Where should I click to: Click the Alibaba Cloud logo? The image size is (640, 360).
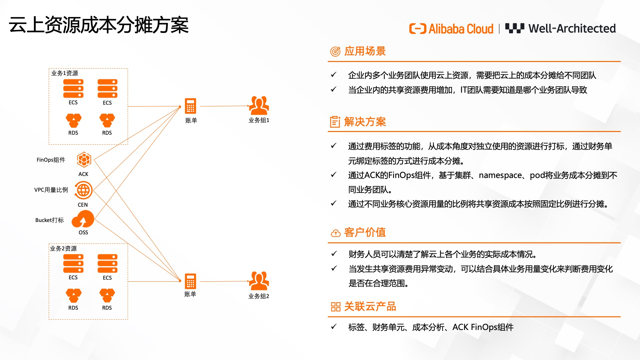pyautogui.click(x=451, y=29)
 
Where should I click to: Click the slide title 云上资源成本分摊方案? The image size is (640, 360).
pyautogui.click(x=99, y=25)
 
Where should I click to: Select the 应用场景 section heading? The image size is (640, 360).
pyautogui.click(x=365, y=51)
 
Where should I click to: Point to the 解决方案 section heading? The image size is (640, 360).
pyautogui.click(x=365, y=122)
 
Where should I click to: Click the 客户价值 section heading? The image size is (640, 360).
pyautogui.click(x=365, y=232)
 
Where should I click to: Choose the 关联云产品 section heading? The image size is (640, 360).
pyautogui.click(x=370, y=306)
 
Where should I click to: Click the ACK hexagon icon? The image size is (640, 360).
pyautogui.click(x=84, y=160)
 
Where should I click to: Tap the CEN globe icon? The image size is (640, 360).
pyautogui.click(x=83, y=190)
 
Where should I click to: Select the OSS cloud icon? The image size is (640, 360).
pyautogui.click(x=83, y=219)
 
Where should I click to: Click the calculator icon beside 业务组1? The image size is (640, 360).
pyautogui.click(x=190, y=106)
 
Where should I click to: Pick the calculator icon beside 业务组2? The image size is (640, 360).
pyautogui.click(x=190, y=281)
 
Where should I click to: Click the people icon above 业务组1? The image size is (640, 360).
pyautogui.click(x=259, y=105)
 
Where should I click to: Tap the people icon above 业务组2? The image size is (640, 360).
pyautogui.click(x=259, y=281)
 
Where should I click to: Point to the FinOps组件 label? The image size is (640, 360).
pyautogui.click(x=51, y=160)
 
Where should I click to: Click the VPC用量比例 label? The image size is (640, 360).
pyautogui.click(x=51, y=190)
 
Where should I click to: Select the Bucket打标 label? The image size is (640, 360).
pyautogui.click(x=49, y=220)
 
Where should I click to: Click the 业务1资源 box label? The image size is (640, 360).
pyautogui.click(x=65, y=73)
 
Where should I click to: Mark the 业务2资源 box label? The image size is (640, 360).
pyautogui.click(x=63, y=249)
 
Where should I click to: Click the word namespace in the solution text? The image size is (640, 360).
pyautogui.click(x=500, y=175)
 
